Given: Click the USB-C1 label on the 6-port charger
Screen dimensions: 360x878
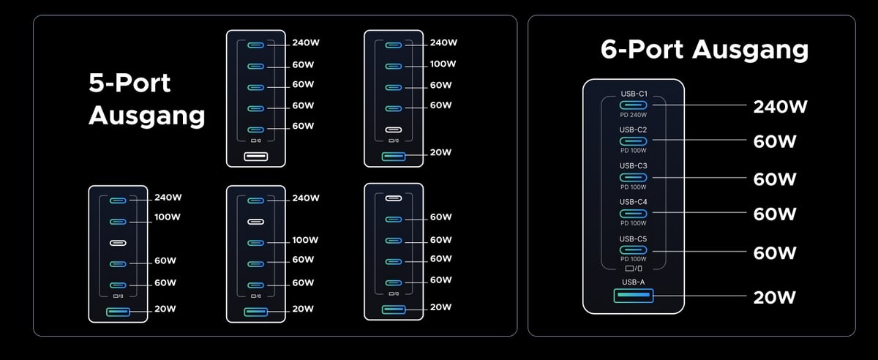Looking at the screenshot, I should [634, 94].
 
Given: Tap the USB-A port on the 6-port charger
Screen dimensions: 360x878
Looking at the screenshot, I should [634, 296].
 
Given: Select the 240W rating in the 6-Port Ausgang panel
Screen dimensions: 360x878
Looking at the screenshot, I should [780, 107].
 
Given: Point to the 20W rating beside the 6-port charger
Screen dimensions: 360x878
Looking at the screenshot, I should [774, 297].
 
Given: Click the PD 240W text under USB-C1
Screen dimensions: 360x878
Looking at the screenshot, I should [634, 114].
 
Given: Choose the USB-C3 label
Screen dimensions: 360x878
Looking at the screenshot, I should [634, 166].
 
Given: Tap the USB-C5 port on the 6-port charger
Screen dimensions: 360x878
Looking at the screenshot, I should [634, 250].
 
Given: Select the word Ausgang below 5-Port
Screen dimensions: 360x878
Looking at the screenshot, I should [146, 116].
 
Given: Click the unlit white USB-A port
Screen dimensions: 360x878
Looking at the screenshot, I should [255, 157].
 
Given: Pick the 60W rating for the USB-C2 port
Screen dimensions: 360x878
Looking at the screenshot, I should [775, 142].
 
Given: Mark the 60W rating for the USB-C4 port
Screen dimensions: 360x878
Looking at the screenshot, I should [775, 214].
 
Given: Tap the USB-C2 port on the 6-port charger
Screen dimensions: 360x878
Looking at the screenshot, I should [634, 140].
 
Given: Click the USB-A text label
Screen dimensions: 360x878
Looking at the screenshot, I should [634, 282].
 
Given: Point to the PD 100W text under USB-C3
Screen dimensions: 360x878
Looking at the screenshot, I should [634, 187].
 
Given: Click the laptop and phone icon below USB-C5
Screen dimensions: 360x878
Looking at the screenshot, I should [634, 269].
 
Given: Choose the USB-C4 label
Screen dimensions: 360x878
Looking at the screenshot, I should [634, 202].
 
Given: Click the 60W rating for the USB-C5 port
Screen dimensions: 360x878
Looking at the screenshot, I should [775, 253].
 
